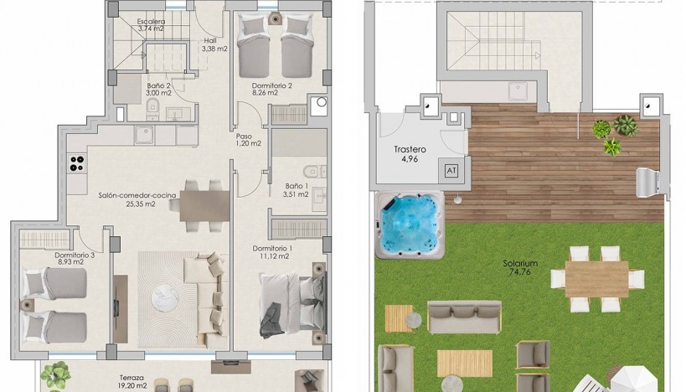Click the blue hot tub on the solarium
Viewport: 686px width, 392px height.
[410, 224]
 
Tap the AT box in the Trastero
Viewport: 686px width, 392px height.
[451, 170]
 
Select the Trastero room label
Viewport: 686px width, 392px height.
[410, 149]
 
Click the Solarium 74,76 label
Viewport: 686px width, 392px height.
[520, 268]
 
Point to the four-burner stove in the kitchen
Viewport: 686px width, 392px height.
[77, 163]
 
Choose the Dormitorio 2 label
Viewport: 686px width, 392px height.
[271, 85]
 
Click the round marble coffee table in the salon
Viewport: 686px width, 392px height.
[165, 298]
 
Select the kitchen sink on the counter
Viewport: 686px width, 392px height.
[144, 135]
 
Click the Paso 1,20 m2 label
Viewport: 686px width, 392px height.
[249, 140]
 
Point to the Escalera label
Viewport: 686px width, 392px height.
[151, 22]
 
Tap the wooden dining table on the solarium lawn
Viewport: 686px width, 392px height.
[596, 279]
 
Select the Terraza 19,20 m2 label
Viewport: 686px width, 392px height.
[132, 381]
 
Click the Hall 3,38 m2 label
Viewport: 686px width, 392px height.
[214, 44]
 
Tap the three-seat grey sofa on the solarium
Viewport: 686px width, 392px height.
[464, 317]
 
